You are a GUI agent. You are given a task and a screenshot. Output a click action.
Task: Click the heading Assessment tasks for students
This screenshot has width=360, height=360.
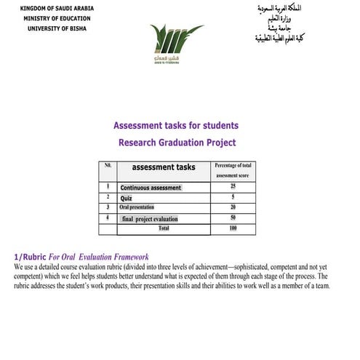click(176, 125)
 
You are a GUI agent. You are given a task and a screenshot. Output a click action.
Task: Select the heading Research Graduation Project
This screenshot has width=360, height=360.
click(177, 143)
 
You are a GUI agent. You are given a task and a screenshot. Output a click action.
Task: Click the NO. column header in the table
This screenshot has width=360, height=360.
click(108, 166)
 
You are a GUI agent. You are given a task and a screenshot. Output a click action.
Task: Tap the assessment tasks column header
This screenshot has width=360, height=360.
click(163, 167)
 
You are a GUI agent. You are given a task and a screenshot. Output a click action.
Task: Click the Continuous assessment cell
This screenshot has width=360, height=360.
click(151, 188)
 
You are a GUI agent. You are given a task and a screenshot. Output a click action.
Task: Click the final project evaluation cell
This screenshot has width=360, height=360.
click(150, 218)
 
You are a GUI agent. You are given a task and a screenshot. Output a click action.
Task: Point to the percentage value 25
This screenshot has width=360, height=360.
click(233, 187)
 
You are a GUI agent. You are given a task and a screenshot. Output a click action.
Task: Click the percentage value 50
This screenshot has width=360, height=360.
click(233, 217)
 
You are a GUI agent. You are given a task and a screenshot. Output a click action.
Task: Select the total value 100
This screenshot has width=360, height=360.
click(233, 228)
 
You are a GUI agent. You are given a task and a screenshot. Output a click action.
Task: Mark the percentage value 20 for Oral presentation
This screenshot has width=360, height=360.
click(233, 207)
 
